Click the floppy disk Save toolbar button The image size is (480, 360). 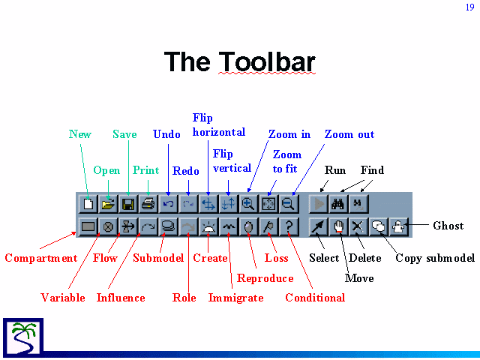[x=128, y=203]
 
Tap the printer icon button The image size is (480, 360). [x=148, y=203]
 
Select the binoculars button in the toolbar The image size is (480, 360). [x=337, y=203]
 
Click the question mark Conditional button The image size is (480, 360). [x=289, y=226]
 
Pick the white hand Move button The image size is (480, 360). [x=338, y=226]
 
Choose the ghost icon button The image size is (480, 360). [x=398, y=226]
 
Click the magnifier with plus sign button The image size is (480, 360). [x=248, y=203]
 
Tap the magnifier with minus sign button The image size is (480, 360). [x=289, y=203]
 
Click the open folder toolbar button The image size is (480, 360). [x=108, y=203]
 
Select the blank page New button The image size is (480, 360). [x=88, y=203]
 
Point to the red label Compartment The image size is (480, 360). [x=41, y=258]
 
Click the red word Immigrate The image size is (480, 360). [x=235, y=298]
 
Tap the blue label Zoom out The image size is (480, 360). [x=349, y=134]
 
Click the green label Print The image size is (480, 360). [x=145, y=170]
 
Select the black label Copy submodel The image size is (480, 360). [x=435, y=258]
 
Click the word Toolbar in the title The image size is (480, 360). [x=267, y=61]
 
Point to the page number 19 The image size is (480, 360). [x=470, y=7]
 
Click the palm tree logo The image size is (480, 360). [x=23, y=337]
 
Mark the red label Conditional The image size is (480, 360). [x=315, y=298]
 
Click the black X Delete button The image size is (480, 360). [x=358, y=226]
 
